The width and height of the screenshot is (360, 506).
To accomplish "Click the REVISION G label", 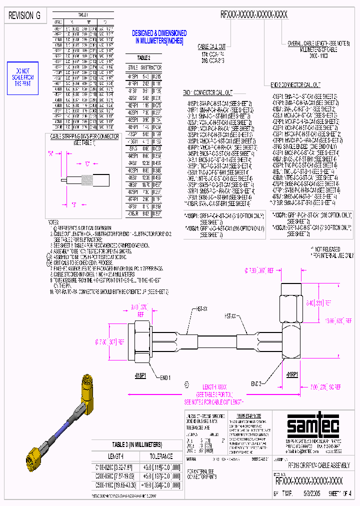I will (x=24, y=15).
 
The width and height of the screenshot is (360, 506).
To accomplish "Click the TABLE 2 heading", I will (x=144, y=57).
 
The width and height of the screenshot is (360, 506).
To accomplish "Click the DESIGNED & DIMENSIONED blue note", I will (x=159, y=37).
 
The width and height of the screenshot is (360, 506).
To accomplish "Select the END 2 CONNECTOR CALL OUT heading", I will (x=295, y=85).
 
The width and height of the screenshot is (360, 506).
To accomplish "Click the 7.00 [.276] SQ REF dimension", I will (x=325, y=386).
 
